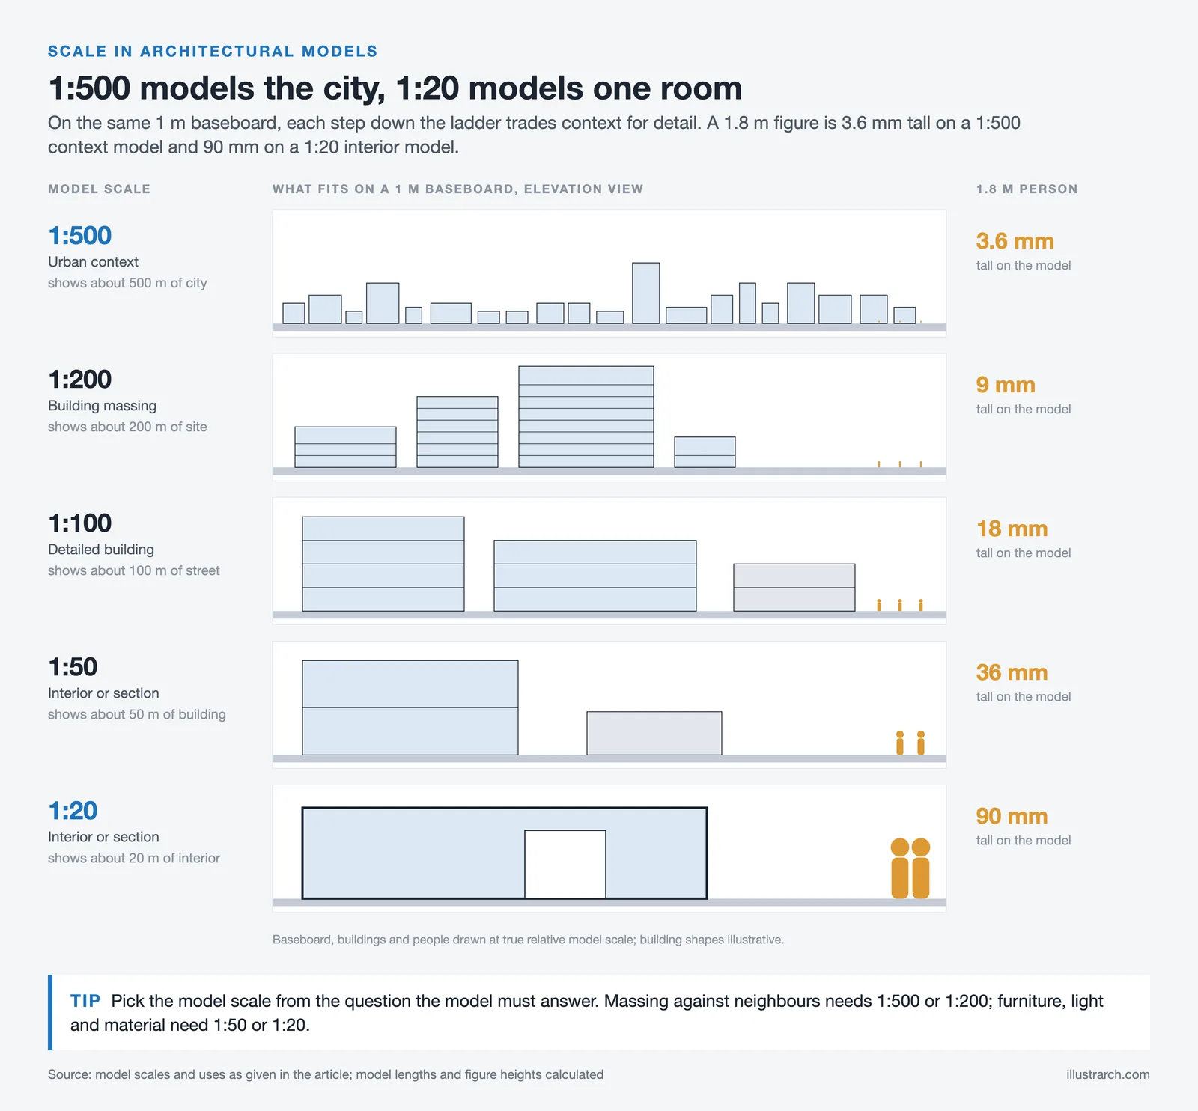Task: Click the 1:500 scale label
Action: click(x=79, y=236)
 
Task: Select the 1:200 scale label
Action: click(x=79, y=380)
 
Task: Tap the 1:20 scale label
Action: click(x=73, y=811)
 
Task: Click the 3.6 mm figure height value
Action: click(x=1015, y=241)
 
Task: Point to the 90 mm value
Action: click(x=1012, y=816)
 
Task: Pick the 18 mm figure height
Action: click(x=1012, y=529)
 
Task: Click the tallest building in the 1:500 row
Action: click(x=646, y=293)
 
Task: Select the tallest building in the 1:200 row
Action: click(x=586, y=417)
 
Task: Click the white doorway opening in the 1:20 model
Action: click(x=565, y=864)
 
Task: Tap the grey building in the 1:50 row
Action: click(x=654, y=734)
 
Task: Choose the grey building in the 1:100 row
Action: click(x=794, y=588)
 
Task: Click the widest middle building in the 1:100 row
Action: click(x=595, y=576)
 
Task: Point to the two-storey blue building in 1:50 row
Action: click(x=410, y=707)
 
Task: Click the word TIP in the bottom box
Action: click(x=85, y=1001)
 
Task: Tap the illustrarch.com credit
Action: click(x=1108, y=1074)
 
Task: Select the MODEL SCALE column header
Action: click(x=99, y=189)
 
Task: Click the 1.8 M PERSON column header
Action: click(x=1027, y=189)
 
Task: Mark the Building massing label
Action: click(x=103, y=406)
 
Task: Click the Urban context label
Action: click(x=93, y=262)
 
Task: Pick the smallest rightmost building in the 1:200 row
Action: click(x=705, y=452)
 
